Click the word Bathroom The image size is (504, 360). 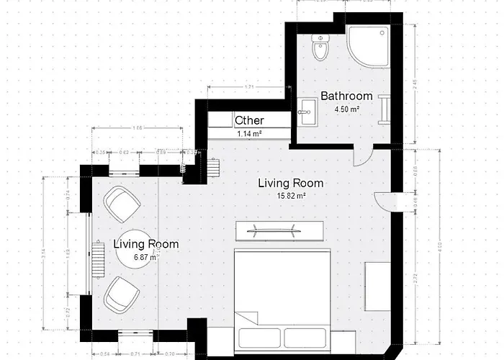pyautogui.click(x=346, y=96)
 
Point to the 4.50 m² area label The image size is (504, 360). pyautogui.click(x=346, y=109)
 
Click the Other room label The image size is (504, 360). pyautogui.click(x=249, y=120)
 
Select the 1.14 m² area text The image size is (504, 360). pyautogui.click(x=249, y=133)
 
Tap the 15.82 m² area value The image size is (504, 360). pyautogui.click(x=291, y=195)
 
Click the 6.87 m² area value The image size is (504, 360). pyautogui.click(x=146, y=257)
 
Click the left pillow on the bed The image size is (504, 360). pyautogui.click(x=260, y=337)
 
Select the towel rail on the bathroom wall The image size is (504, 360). pyautogui.click(x=388, y=108)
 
